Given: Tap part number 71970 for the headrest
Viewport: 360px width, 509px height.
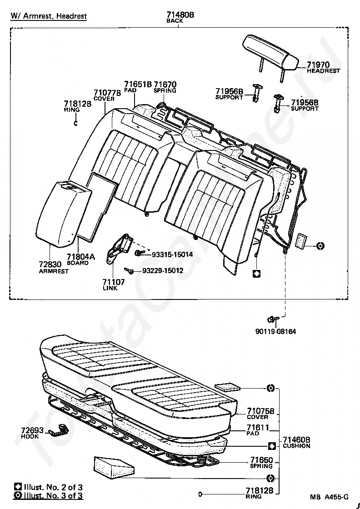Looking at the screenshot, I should click(318, 65).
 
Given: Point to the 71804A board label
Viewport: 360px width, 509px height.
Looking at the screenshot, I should click(81, 257).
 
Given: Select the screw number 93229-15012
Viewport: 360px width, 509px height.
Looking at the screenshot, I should click(163, 270).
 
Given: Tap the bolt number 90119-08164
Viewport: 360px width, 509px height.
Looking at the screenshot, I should click(275, 331).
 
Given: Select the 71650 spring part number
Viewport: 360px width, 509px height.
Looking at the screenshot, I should click(261, 460).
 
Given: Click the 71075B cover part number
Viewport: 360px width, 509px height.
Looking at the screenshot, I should click(260, 411).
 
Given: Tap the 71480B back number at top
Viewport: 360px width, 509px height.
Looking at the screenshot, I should click(180, 15).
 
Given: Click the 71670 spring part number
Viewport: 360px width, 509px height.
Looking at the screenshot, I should click(165, 85).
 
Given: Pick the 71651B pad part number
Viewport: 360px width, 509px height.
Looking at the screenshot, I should click(138, 85).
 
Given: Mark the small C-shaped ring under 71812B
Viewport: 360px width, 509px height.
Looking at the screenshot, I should click(76, 122).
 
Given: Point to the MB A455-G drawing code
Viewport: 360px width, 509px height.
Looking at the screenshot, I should click(330, 497).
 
